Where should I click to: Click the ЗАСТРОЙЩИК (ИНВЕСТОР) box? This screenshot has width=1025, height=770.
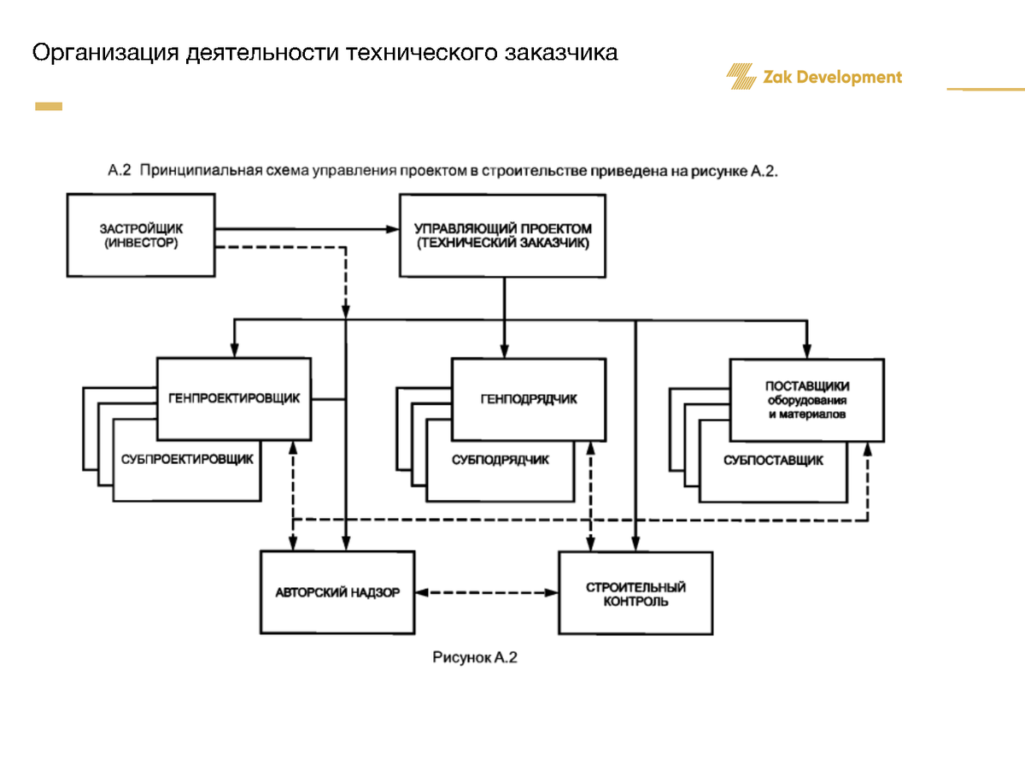[141, 235]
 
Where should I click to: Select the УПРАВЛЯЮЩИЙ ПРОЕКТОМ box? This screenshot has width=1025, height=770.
[502, 235]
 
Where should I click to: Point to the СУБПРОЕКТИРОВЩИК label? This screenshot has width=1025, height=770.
[187, 459]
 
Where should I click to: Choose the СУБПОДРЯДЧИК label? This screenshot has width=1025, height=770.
[500, 459]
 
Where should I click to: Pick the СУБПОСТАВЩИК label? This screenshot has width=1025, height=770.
[773, 460]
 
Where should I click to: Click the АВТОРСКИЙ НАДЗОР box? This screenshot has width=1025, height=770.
[337, 592]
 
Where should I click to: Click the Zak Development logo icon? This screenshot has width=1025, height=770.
[741, 77]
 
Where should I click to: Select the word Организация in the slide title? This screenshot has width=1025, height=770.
[106, 53]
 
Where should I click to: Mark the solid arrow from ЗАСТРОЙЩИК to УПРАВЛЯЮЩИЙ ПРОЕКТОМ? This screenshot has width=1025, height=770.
[307, 229]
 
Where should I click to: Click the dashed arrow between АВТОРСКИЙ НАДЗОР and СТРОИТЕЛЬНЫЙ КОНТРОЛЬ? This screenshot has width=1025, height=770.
[487, 591]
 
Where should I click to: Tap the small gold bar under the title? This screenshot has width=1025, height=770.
[49, 107]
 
